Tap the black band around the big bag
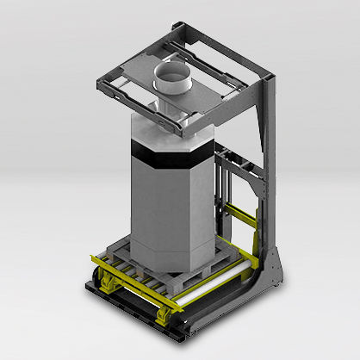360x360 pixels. pos(168,159)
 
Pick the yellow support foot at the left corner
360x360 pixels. pos(111,282)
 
